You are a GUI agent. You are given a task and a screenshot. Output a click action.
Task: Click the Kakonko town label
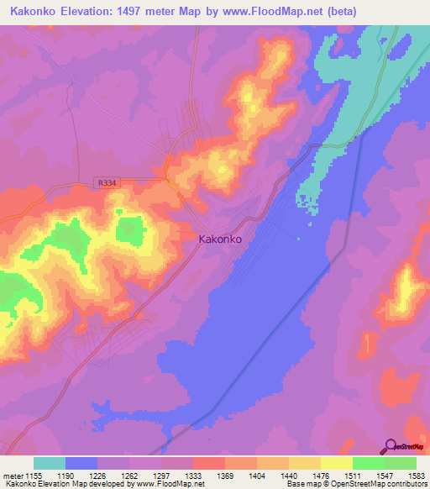(221, 239)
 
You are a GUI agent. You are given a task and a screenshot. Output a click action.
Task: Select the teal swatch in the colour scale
(49, 463)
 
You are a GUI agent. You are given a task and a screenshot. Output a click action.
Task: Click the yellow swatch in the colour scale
(336, 463)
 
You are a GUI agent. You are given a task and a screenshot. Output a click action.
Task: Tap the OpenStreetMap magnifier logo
(391, 446)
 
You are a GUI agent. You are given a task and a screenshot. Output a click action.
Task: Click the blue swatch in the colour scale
(81, 463)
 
